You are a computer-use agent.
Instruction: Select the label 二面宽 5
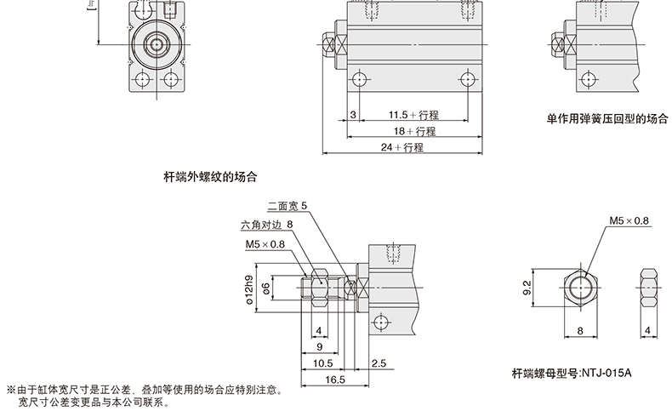pyautogui.click(x=287, y=206)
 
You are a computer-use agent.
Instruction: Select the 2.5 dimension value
pyautogui.click(x=379, y=362)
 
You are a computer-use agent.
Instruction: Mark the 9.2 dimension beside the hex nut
pyautogui.click(x=527, y=288)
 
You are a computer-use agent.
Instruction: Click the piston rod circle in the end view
pyautogui.click(x=156, y=43)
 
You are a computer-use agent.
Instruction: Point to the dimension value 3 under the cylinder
pyautogui.click(x=351, y=115)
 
